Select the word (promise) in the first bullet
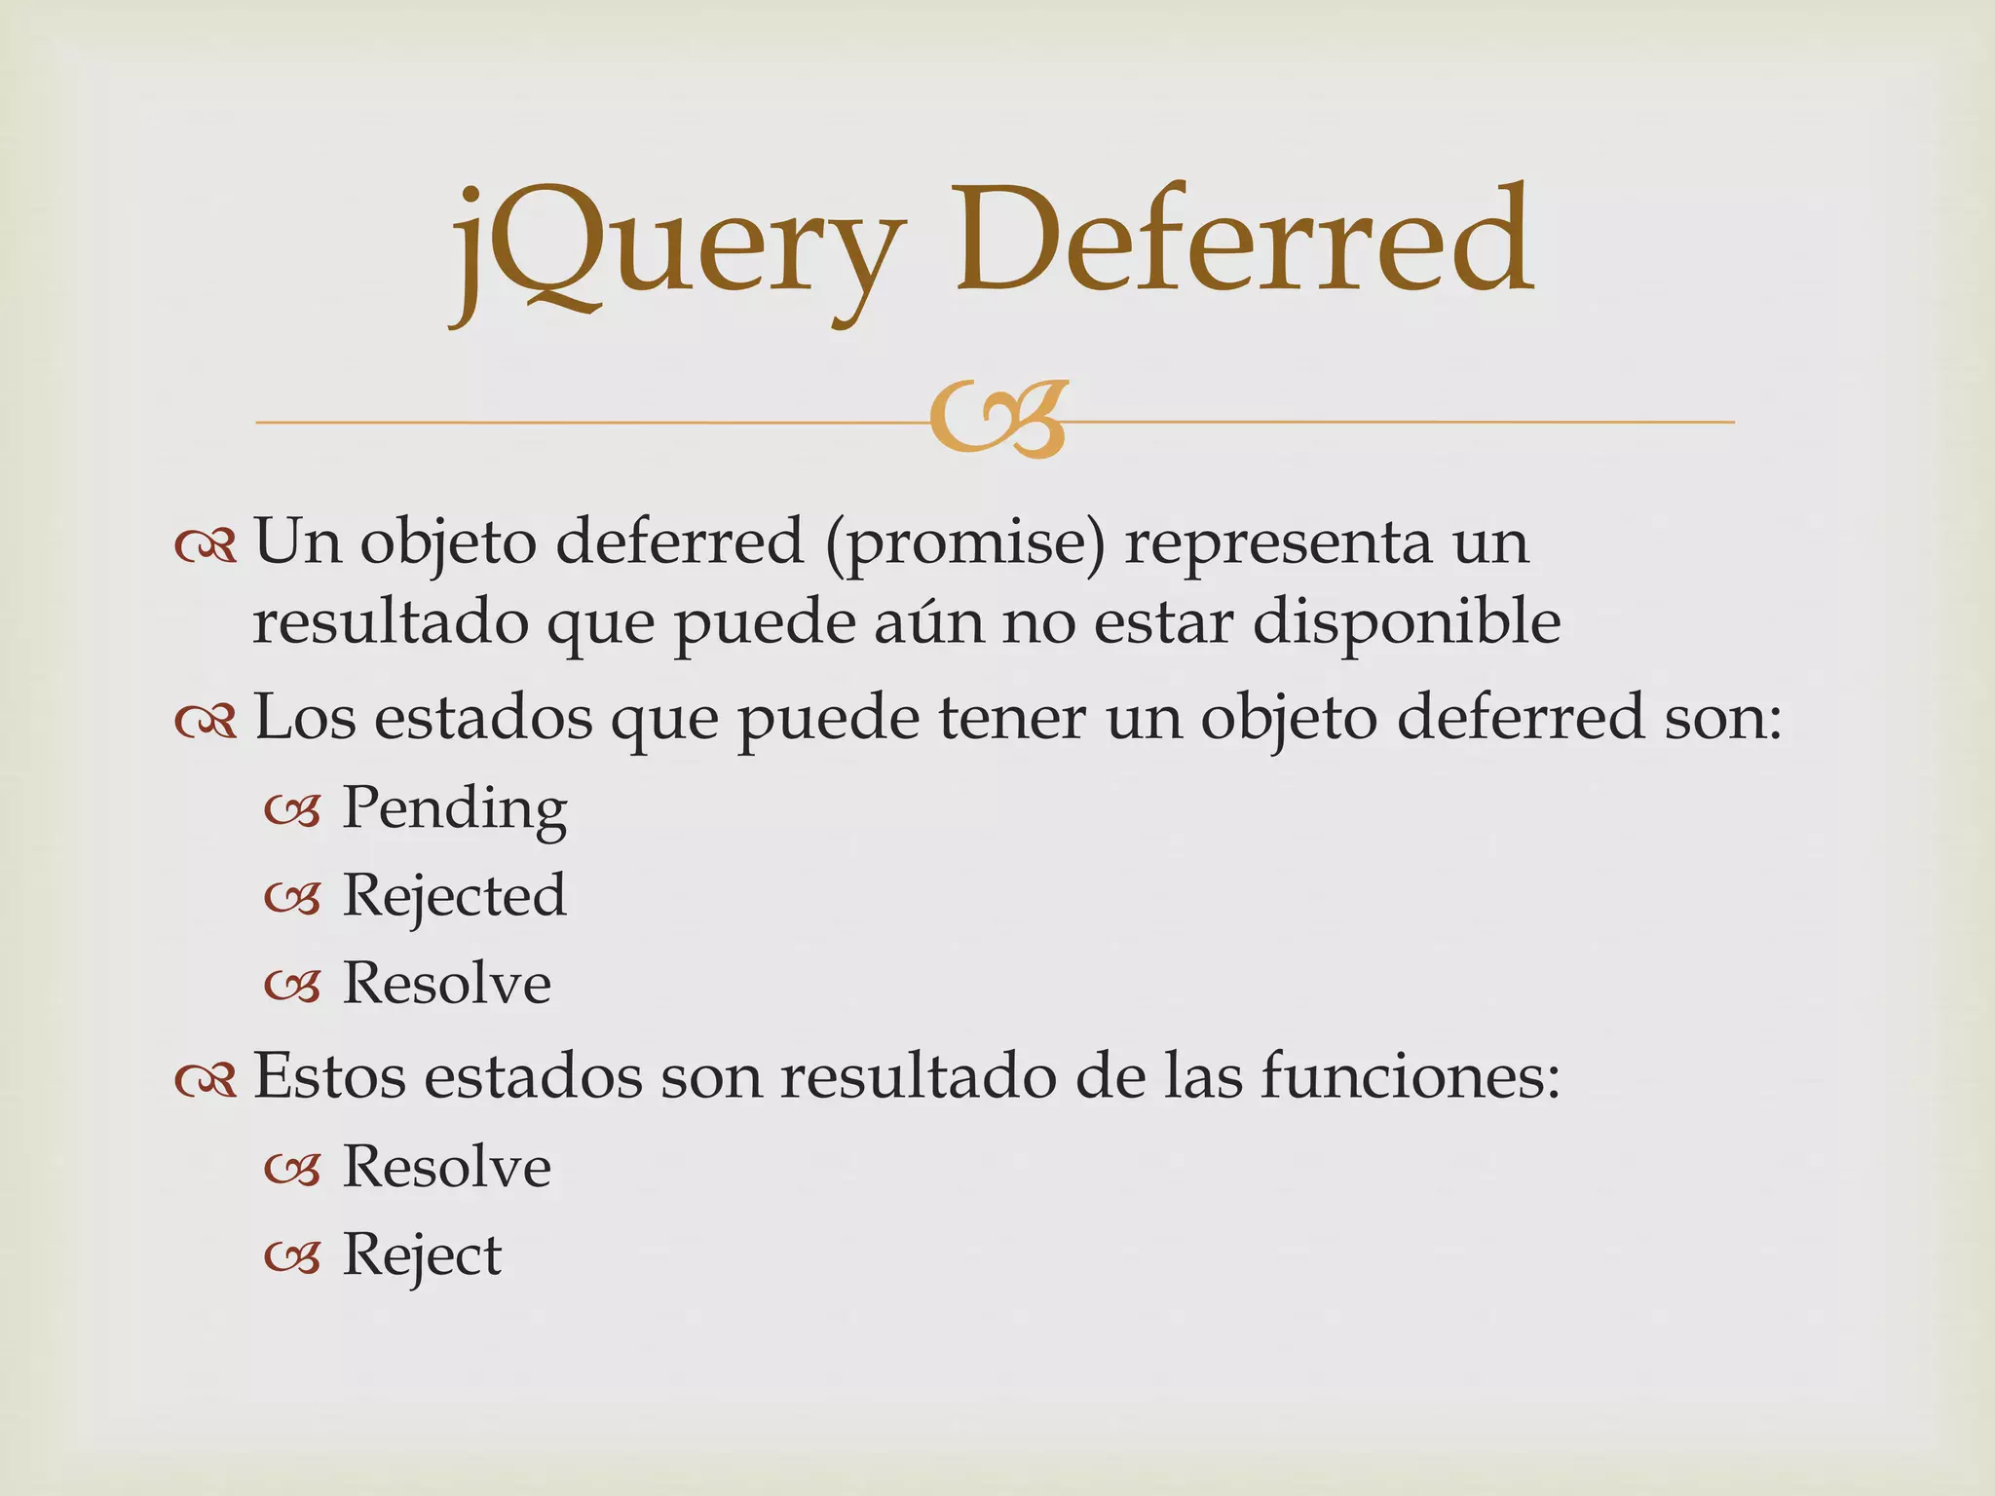(x=965, y=542)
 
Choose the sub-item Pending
(x=454, y=808)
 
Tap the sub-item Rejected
(x=454, y=896)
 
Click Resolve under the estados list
(x=447, y=983)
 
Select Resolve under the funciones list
(x=447, y=1167)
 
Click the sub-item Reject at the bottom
(x=422, y=1254)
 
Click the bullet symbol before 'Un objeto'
(x=206, y=547)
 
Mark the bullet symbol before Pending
(x=292, y=811)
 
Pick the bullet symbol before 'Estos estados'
(x=206, y=1080)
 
